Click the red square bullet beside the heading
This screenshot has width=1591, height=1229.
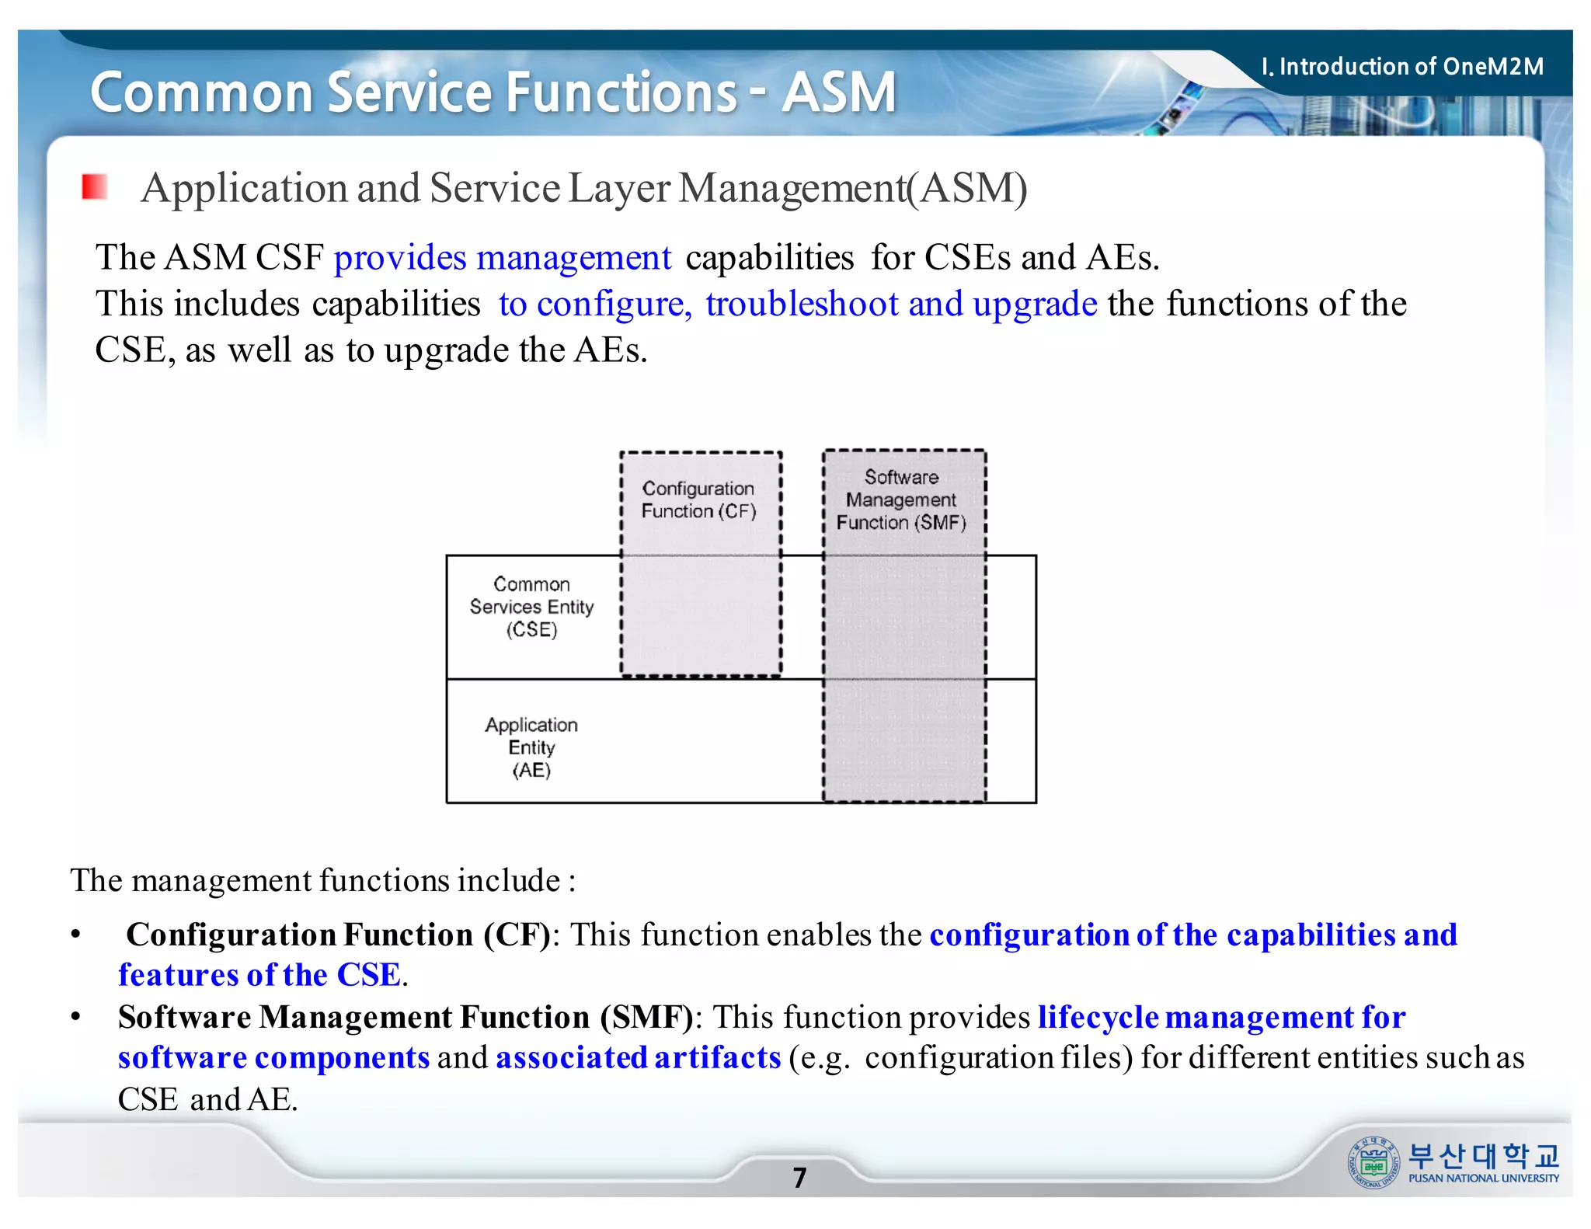pos(95,187)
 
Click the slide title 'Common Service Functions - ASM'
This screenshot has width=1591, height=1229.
pos(493,92)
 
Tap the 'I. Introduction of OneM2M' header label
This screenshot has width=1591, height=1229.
pos(1402,67)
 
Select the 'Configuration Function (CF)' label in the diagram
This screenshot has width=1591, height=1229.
pos(698,500)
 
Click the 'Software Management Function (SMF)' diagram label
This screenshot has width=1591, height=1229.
pos(901,500)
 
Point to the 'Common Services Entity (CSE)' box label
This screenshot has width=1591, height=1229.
pos(531,607)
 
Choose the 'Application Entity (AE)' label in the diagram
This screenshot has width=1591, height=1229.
pos(531,747)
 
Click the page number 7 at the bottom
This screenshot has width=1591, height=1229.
pos(799,1178)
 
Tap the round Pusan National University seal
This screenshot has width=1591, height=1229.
pos(1373,1163)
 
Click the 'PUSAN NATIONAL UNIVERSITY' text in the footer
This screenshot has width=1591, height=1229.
pos(1483,1179)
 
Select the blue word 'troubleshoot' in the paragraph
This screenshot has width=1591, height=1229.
pos(802,304)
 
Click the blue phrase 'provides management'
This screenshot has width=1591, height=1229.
pos(503,258)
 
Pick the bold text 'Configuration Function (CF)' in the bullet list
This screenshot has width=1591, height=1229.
pos(339,935)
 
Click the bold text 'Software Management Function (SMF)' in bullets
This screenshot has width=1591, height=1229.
pos(406,1018)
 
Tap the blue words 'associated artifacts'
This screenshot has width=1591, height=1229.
pos(639,1058)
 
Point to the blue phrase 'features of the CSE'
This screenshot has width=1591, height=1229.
pos(259,976)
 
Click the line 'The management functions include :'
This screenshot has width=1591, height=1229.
pos(323,881)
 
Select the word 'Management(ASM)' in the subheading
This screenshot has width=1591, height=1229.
pos(852,189)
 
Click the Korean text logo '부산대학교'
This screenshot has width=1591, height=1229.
pos(1483,1156)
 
